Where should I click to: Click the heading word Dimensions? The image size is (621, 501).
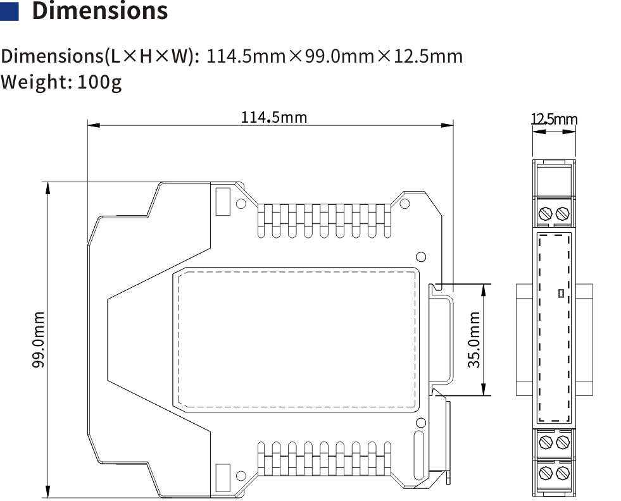click(100, 11)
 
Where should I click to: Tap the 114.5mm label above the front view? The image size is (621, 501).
click(273, 117)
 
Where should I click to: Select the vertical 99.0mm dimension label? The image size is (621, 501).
click(39, 340)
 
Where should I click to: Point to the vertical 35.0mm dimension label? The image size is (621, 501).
click(474, 340)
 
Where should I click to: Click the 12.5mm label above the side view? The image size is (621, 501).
click(554, 120)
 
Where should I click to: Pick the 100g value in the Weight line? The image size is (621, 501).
click(99, 82)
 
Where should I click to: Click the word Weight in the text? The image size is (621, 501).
click(35, 82)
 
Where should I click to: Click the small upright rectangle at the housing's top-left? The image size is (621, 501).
click(222, 201)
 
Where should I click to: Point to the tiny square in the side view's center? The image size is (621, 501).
click(561, 293)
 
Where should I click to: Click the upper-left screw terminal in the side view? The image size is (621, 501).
click(544, 213)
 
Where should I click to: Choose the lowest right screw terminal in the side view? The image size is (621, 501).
click(562, 472)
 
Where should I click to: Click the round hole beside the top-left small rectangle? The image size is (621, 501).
click(241, 204)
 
